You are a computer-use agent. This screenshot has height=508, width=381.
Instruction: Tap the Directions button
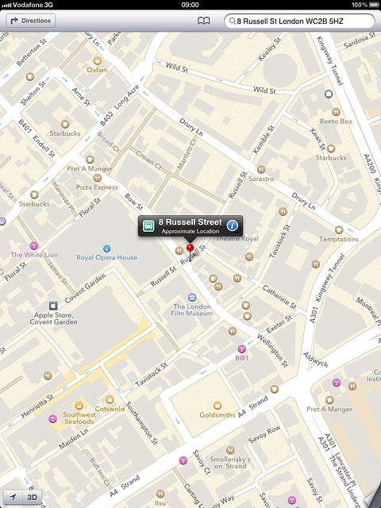click(31, 21)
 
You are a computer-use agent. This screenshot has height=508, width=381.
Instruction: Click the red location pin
click(190, 248)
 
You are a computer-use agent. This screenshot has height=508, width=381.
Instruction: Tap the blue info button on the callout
click(233, 225)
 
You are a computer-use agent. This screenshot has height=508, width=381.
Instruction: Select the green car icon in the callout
click(148, 225)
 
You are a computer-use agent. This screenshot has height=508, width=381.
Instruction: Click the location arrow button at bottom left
click(12, 498)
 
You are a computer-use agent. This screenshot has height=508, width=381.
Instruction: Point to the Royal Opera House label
click(106, 257)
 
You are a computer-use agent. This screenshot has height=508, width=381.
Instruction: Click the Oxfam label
click(97, 69)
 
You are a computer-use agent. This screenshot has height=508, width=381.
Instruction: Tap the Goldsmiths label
click(217, 414)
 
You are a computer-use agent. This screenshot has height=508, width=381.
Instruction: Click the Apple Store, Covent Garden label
click(54, 318)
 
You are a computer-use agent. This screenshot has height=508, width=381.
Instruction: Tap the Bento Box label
click(335, 121)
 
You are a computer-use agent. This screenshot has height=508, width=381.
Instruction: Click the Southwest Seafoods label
click(79, 418)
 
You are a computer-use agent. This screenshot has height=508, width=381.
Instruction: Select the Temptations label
click(339, 239)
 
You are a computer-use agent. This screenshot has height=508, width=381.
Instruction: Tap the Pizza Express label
click(97, 187)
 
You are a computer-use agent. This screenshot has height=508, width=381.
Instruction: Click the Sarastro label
click(261, 179)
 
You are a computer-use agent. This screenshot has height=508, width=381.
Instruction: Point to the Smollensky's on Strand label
click(231, 462)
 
